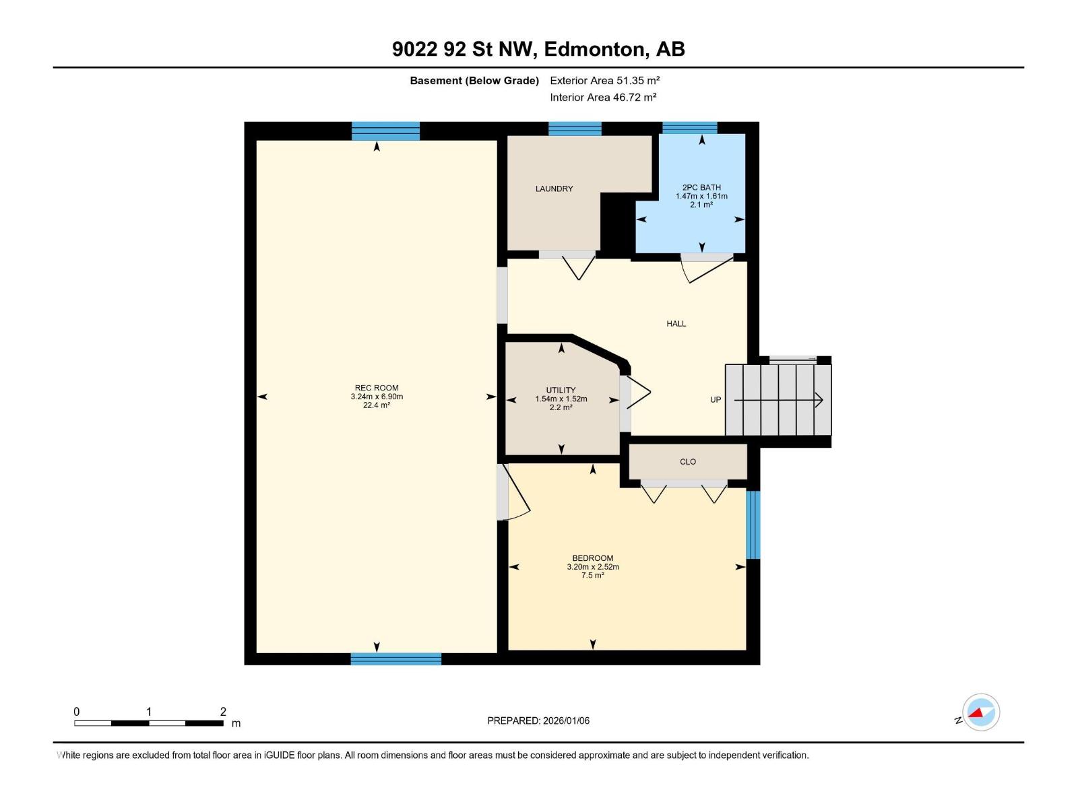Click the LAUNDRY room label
pos(554,189)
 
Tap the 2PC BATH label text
pos(701,187)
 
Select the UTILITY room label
pos(561,391)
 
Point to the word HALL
pos(676,324)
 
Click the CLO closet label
pos(688,462)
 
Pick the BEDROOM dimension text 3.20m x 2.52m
pos(593,567)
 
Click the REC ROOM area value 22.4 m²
pos(377,405)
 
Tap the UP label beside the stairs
pos(716,400)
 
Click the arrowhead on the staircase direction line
pos(819,400)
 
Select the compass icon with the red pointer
pos(981,712)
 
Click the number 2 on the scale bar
pos(223,711)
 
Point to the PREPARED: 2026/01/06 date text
pos(538,720)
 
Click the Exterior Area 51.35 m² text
pos(604,80)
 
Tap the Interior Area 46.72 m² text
pos(603,97)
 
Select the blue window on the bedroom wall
pos(753,525)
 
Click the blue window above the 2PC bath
pos(689,127)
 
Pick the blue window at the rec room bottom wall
pos(396,659)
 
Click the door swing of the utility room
pos(639,393)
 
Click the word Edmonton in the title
pos(594,49)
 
